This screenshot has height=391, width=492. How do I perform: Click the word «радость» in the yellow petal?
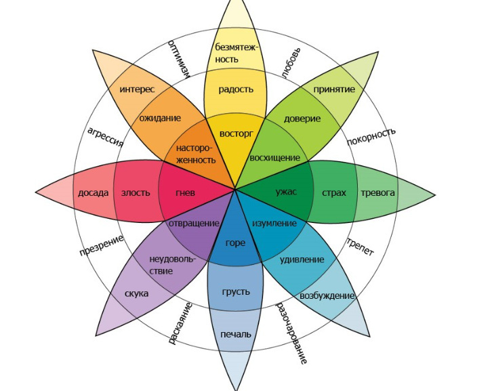(x=236, y=89)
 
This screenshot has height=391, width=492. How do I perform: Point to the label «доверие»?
(x=303, y=119)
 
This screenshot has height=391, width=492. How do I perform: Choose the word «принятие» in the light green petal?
(x=334, y=89)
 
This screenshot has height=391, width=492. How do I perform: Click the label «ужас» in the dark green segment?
(x=286, y=192)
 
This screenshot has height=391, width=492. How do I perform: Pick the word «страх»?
(x=334, y=192)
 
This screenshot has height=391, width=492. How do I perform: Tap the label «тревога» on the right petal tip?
(x=377, y=192)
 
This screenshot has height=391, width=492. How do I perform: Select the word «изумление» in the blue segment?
(x=274, y=223)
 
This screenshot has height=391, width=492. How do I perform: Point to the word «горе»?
(x=235, y=243)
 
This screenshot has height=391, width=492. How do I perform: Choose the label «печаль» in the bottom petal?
(x=235, y=334)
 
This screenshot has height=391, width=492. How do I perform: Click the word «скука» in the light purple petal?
(x=137, y=293)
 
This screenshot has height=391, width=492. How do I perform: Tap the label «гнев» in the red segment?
(x=185, y=192)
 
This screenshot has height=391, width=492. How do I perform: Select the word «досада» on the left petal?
(x=93, y=192)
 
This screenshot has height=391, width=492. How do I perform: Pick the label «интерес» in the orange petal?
(x=137, y=89)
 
